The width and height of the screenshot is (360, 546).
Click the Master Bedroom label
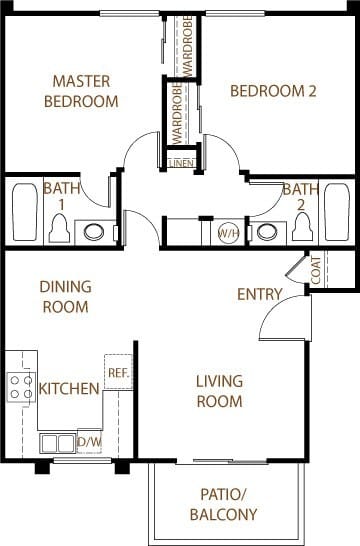point(82,91)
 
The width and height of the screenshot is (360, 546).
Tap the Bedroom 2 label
point(273,91)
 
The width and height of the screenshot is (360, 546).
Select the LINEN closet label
point(181,161)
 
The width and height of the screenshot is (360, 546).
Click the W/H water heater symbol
point(228,232)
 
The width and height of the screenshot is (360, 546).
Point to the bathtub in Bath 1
point(22,213)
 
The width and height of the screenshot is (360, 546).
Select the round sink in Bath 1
point(94,232)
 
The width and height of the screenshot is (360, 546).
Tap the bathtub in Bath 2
point(337,212)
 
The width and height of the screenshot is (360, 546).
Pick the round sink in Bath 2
point(265,232)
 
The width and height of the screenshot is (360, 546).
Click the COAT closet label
point(316,270)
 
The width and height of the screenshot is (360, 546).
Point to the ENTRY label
point(259,294)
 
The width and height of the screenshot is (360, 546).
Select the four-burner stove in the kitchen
point(21,386)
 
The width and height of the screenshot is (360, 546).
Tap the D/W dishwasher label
point(89,440)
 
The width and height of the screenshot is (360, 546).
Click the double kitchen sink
point(57,441)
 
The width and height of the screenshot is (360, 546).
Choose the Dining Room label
point(65,297)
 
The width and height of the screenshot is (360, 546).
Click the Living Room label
point(219,391)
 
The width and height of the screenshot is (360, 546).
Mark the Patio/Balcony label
point(223,505)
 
